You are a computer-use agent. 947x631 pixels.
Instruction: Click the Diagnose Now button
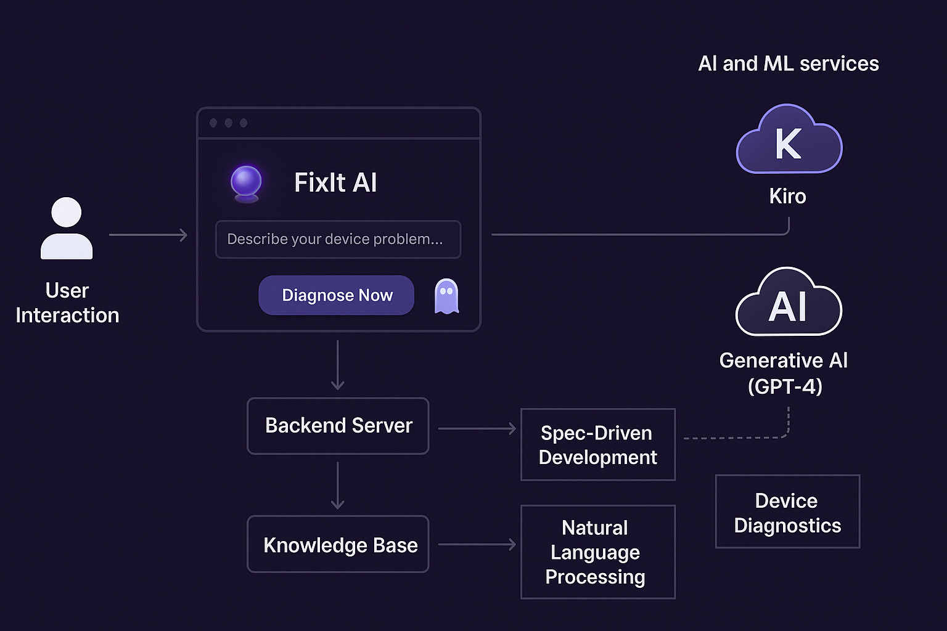click(336, 295)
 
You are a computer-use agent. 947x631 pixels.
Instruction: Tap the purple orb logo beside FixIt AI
click(246, 182)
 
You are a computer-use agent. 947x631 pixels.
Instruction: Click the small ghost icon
click(446, 296)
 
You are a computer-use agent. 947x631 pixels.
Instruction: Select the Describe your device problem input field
click(338, 239)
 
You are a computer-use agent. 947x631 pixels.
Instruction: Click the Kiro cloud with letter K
click(789, 141)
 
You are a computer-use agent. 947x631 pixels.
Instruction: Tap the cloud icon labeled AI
click(789, 303)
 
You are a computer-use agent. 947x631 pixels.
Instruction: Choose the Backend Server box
click(338, 426)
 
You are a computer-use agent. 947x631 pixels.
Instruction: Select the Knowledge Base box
click(338, 545)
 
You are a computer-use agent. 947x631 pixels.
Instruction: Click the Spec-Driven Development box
click(597, 445)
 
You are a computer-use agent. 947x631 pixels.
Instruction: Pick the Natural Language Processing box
click(597, 552)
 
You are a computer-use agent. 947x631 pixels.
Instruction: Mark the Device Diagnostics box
click(787, 512)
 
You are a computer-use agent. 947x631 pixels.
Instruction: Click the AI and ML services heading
click(788, 63)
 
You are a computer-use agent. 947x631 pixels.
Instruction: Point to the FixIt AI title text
click(335, 182)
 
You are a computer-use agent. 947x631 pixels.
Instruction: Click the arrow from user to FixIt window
click(148, 235)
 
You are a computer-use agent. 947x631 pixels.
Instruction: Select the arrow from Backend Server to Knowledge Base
click(338, 486)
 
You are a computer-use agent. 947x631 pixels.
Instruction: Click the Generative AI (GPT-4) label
click(784, 373)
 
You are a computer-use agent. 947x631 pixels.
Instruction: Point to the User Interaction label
click(67, 303)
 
